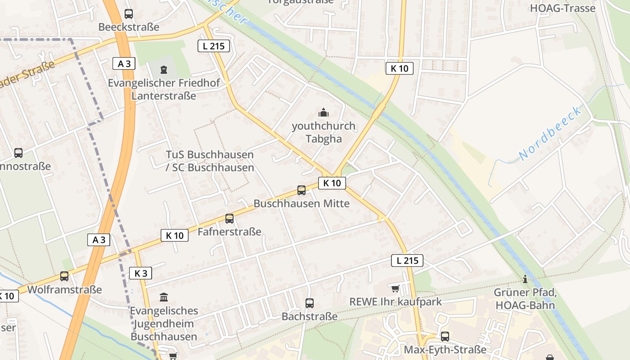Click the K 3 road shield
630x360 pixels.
click(x=141, y=273)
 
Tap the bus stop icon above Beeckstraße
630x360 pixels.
click(x=129, y=14)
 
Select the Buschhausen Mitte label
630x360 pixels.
click(x=301, y=203)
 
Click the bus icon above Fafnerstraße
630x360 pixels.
click(x=229, y=219)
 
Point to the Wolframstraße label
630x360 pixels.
click(x=65, y=289)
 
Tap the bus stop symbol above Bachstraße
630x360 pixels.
click(x=310, y=303)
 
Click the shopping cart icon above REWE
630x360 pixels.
click(x=395, y=288)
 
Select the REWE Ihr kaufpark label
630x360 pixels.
click(x=396, y=301)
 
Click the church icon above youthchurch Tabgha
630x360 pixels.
click(x=323, y=113)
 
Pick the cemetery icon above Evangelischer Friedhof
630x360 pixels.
click(x=163, y=70)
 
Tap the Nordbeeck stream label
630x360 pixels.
click(x=550, y=133)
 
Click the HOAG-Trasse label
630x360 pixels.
click(x=562, y=8)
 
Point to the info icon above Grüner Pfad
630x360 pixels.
click(x=525, y=279)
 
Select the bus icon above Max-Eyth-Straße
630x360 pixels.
click(x=445, y=336)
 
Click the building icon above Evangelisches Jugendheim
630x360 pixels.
click(x=164, y=297)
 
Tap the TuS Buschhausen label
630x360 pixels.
click(x=210, y=155)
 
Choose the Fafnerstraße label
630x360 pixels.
click(x=229, y=232)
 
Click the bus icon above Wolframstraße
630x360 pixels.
click(x=64, y=276)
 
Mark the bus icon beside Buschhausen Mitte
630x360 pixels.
click(x=301, y=190)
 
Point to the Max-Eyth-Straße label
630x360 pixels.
click(x=445, y=350)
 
